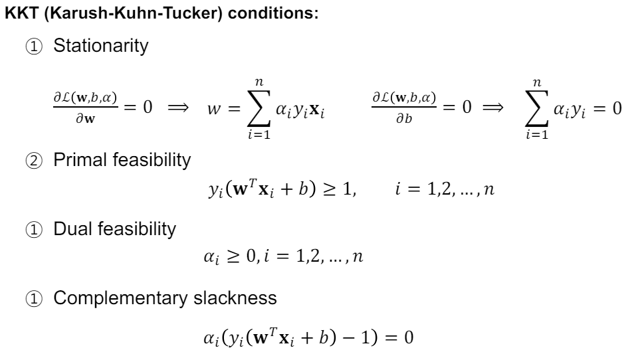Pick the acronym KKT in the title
tap(19, 13)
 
